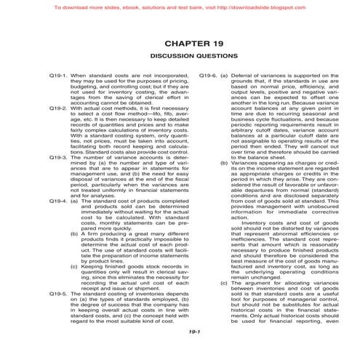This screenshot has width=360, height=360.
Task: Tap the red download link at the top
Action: point(180,7)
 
